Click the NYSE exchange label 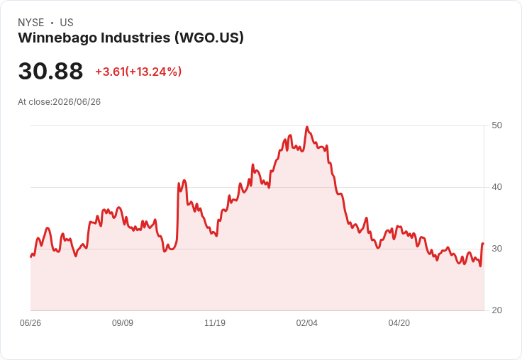click(x=31, y=23)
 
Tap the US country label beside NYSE click(x=67, y=23)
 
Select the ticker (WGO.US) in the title click(x=209, y=38)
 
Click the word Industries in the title click(x=136, y=38)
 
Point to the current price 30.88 click(x=50, y=71)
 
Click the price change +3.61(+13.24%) click(x=138, y=72)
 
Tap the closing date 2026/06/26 click(x=77, y=102)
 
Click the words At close click(x=34, y=102)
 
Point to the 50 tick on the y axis click(x=496, y=125)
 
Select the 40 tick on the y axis click(x=496, y=187)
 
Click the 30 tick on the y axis click(x=496, y=249)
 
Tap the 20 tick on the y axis click(x=496, y=310)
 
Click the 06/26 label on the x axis click(x=30, y=322)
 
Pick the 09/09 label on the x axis click(x=123, y=322)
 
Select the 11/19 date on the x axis click(x=215, y=322)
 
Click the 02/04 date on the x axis click(x=307, y=322)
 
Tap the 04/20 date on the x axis click(x=399, y=322)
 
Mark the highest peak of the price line click(x=307, y=127)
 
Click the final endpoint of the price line click(x=483, y=244)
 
